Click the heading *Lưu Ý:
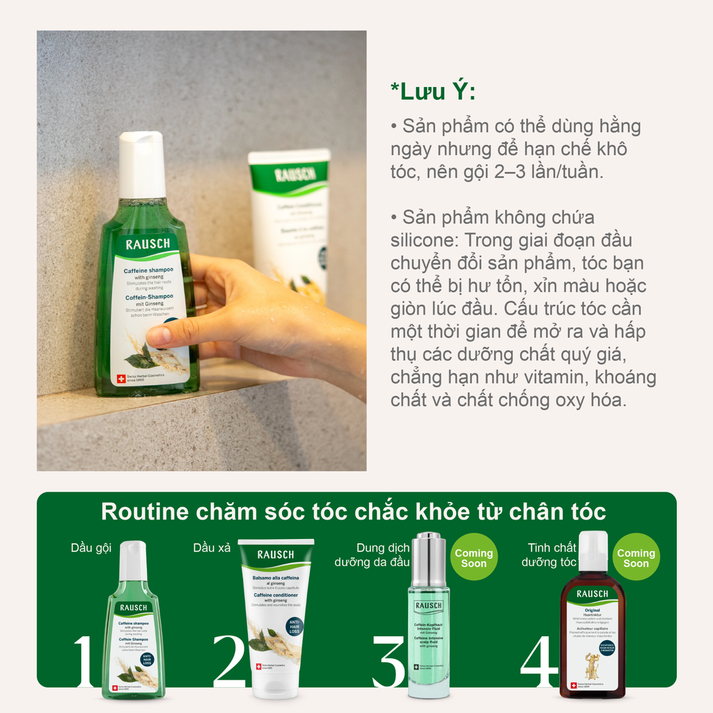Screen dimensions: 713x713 coord(433,93)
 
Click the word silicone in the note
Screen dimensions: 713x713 coord(424,240)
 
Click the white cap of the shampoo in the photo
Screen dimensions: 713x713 coord(141,164)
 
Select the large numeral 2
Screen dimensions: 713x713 coord(230,661)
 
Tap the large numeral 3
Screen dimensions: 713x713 coord(389,661)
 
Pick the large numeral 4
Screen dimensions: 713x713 coord(539,661)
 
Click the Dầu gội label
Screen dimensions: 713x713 coord(91,548)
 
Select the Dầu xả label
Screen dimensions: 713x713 coord(212,548)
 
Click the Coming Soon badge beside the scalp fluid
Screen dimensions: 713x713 coord(473,558)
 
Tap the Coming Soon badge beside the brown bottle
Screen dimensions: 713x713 coord(636,558)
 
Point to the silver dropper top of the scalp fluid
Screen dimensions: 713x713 coord(428,560)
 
